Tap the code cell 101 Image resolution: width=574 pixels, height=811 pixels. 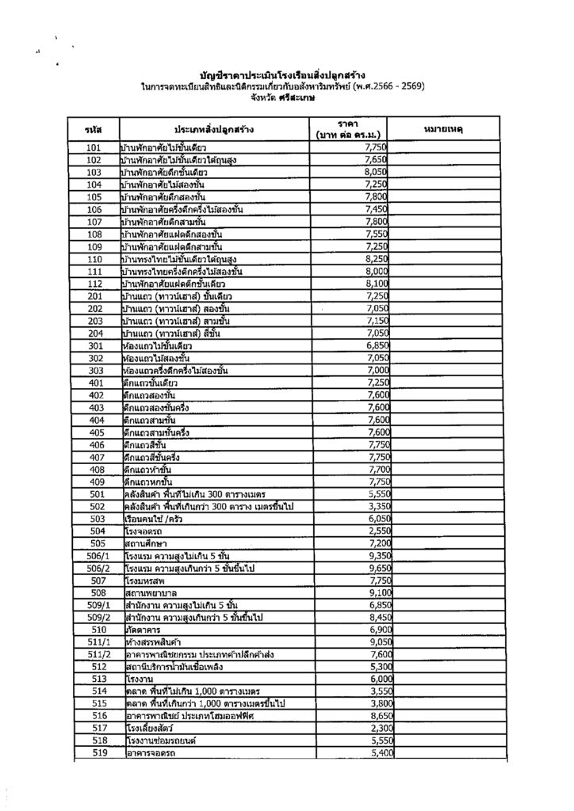(94, 148)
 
